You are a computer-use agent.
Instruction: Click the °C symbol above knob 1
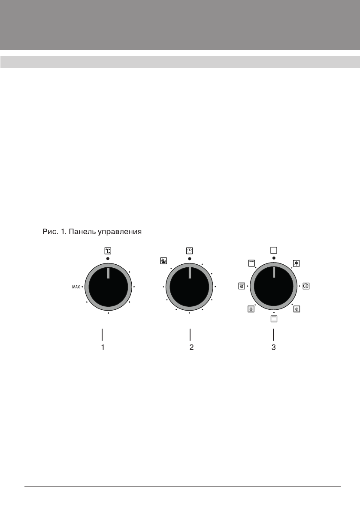coord(108,251)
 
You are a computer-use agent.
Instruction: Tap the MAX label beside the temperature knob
coord(76,287)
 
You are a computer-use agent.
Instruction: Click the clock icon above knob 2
coord(189,251)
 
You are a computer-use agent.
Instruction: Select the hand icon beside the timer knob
coord(163,261)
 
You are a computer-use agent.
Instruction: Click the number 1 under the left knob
coord(103,348)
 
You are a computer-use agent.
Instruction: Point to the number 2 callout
coord(191,348)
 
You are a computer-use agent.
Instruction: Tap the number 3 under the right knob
coord(274,348)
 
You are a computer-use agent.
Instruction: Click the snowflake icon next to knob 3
coord(296,263)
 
